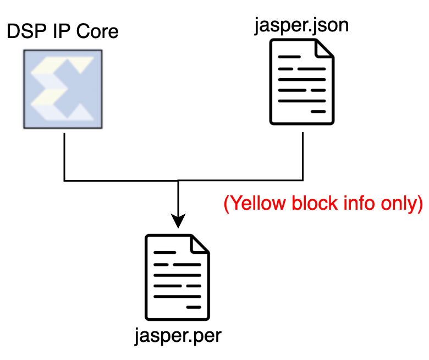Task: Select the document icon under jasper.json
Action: coord(301,83)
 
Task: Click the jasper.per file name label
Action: coord(178,335)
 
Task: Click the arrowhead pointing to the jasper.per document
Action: coord(178,221)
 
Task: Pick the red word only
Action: coord(400,203)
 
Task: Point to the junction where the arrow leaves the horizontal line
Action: coord(178,181)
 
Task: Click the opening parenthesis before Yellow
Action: coord(226,204)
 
